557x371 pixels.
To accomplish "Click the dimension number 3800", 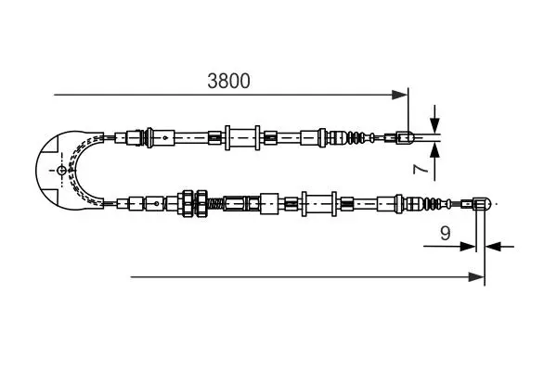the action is (228, 81).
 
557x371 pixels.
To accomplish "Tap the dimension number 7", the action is (421, 169).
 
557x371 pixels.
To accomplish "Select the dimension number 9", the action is (445, 233).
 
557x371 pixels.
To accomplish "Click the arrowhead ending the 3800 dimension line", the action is (399, 95).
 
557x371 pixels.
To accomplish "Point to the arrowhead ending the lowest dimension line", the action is (476, 277).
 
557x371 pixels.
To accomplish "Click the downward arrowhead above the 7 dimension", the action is (434, 125).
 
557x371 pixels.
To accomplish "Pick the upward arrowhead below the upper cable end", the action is (434, 150).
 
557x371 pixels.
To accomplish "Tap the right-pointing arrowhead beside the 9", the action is (468, 246).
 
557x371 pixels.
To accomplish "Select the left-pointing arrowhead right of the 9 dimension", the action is (493, 246).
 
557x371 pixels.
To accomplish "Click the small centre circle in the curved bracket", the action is (61, 171).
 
